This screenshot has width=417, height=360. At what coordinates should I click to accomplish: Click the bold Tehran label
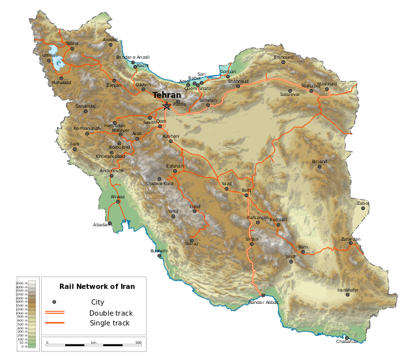click(x=167, y=95)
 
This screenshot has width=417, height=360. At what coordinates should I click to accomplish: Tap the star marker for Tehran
click(x=167, y=106)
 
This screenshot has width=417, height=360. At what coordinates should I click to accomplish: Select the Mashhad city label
click(x=328, y=84)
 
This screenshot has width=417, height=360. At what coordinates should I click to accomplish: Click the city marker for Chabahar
click(x=347, y=337)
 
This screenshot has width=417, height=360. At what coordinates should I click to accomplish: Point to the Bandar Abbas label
click(x=263, y=303)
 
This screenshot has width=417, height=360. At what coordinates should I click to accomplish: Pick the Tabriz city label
click(x=72, y=44)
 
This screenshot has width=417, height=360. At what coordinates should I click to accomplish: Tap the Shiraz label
click(x=192, y=243)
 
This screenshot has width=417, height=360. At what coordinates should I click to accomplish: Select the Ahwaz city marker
click(x=118, y=202)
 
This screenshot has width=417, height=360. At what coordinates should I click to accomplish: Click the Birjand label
click(x=319, y=161)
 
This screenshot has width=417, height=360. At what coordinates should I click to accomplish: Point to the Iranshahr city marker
click(x=347, y=295)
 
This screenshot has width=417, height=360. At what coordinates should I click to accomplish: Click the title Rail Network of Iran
click(x=97, y=286)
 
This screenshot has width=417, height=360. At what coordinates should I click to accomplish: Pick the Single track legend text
click(x=109, y=323)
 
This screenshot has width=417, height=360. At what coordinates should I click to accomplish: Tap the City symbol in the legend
click(x=54, y=302)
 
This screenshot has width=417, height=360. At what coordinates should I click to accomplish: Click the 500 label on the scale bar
click(x=138, y=342)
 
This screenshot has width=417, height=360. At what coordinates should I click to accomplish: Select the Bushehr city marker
click(x=160, y=256)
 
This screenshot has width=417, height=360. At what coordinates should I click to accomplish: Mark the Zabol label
click(x=362, y=203)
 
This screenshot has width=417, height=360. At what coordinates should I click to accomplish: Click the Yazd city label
click(x=226, y=184)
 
